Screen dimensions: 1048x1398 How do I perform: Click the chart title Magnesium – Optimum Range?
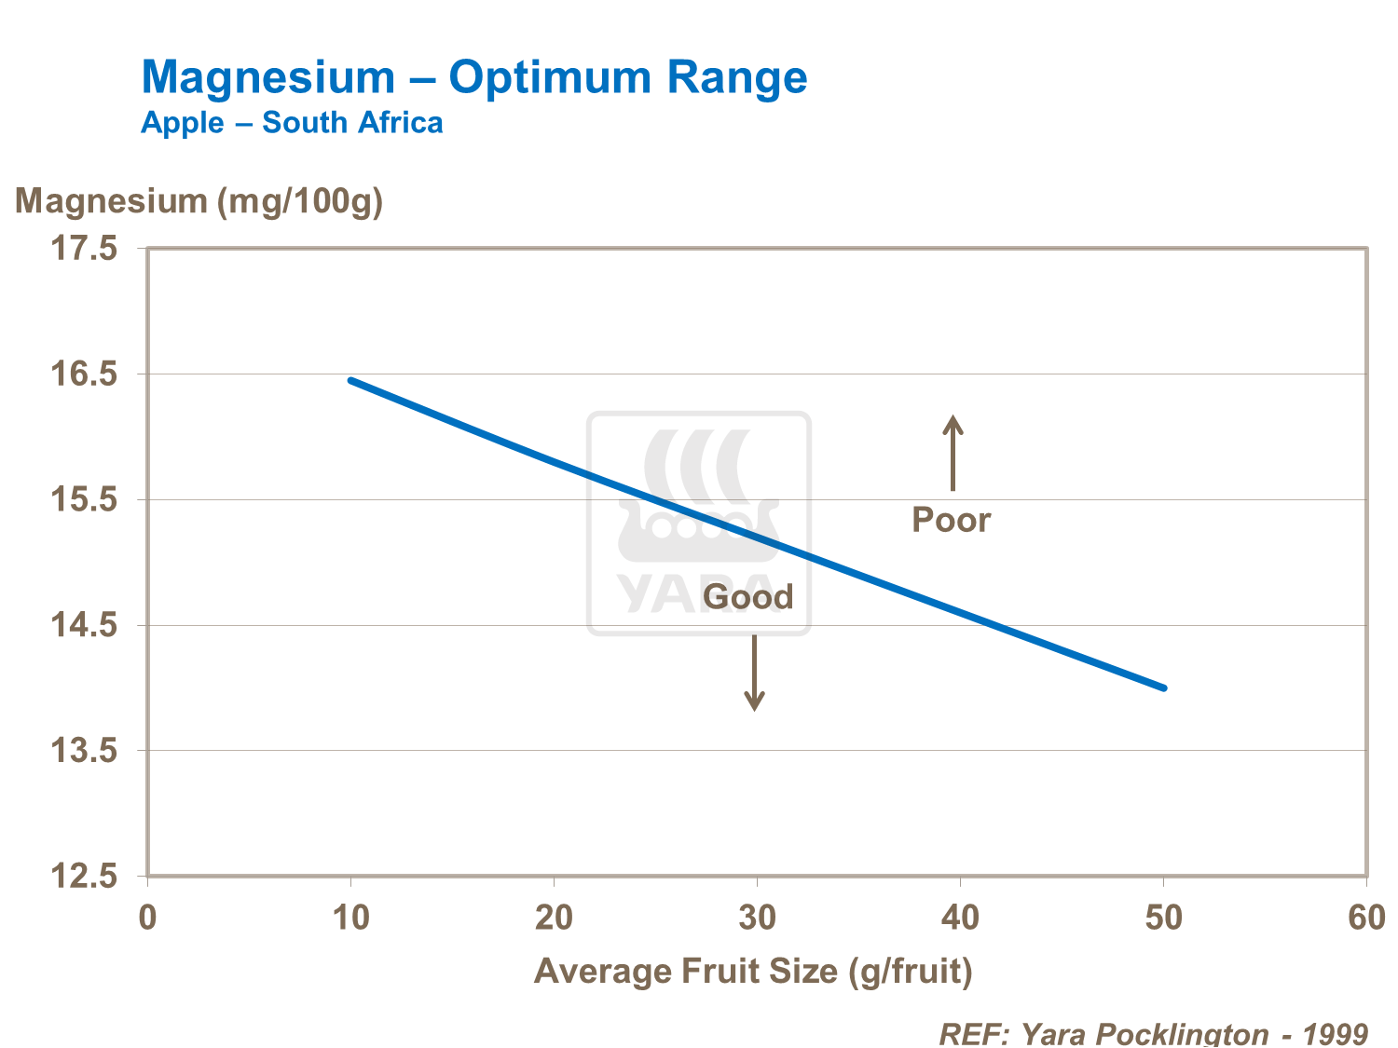tap(473, 77)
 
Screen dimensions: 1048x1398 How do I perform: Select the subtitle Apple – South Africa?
tap(292, 123)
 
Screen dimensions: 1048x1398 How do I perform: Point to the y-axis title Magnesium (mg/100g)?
tap(199, 201)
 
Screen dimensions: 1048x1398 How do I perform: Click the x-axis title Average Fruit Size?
tap(753, 971)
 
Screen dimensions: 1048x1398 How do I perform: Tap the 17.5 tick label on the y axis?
tap(84, 249)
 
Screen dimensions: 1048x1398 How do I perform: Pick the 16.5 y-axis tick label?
tap(84, 374)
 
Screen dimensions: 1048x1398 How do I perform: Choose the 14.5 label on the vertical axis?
tap(84, 625)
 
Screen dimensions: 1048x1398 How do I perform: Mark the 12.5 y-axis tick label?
tap(84, 877)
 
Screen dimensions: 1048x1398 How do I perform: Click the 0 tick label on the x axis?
tap(147, 918)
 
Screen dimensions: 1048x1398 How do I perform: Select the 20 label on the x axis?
tap(554, 918)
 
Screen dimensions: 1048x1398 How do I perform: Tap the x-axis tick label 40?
tap(960, 918)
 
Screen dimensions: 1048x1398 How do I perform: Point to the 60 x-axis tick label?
tap(1366, 918)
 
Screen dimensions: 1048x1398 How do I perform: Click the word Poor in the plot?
tap(951, 520)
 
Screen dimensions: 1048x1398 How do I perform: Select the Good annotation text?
tap(747, 597)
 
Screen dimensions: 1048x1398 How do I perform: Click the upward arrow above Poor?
tap(952, 453)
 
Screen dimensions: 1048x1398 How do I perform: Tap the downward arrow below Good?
tap(754, 673)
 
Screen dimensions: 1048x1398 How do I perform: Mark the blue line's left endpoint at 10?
tap(351, 381)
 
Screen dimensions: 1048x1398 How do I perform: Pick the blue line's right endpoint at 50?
tap(1163, 687)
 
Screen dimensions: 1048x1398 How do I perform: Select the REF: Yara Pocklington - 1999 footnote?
tap(1153, 1033)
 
